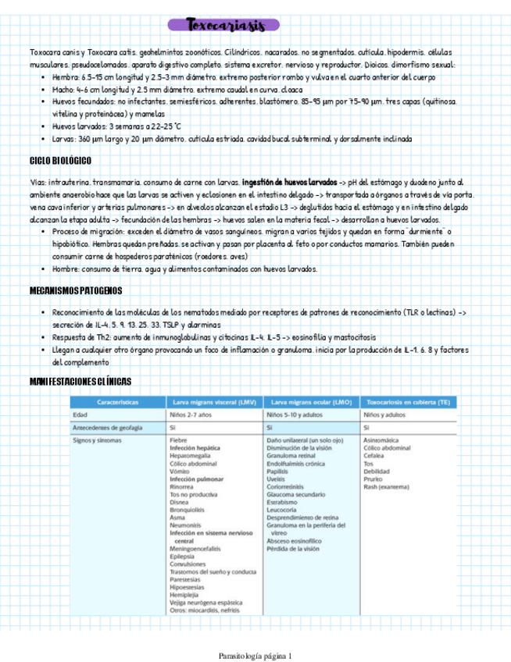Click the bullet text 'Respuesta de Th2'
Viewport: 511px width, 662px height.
point(83,337)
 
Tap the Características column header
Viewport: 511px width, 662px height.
point(117,402)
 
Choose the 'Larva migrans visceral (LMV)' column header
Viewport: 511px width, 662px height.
point(214,402)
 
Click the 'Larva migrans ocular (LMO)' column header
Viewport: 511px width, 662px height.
point(311,402)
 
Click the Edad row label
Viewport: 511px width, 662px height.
point(80,415)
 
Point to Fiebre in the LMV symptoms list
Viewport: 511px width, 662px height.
point(178,441)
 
